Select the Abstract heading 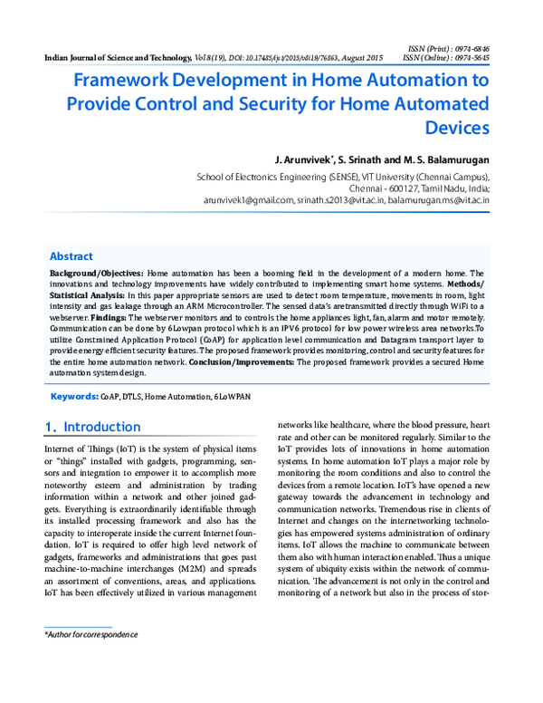71,256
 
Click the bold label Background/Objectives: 95,273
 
